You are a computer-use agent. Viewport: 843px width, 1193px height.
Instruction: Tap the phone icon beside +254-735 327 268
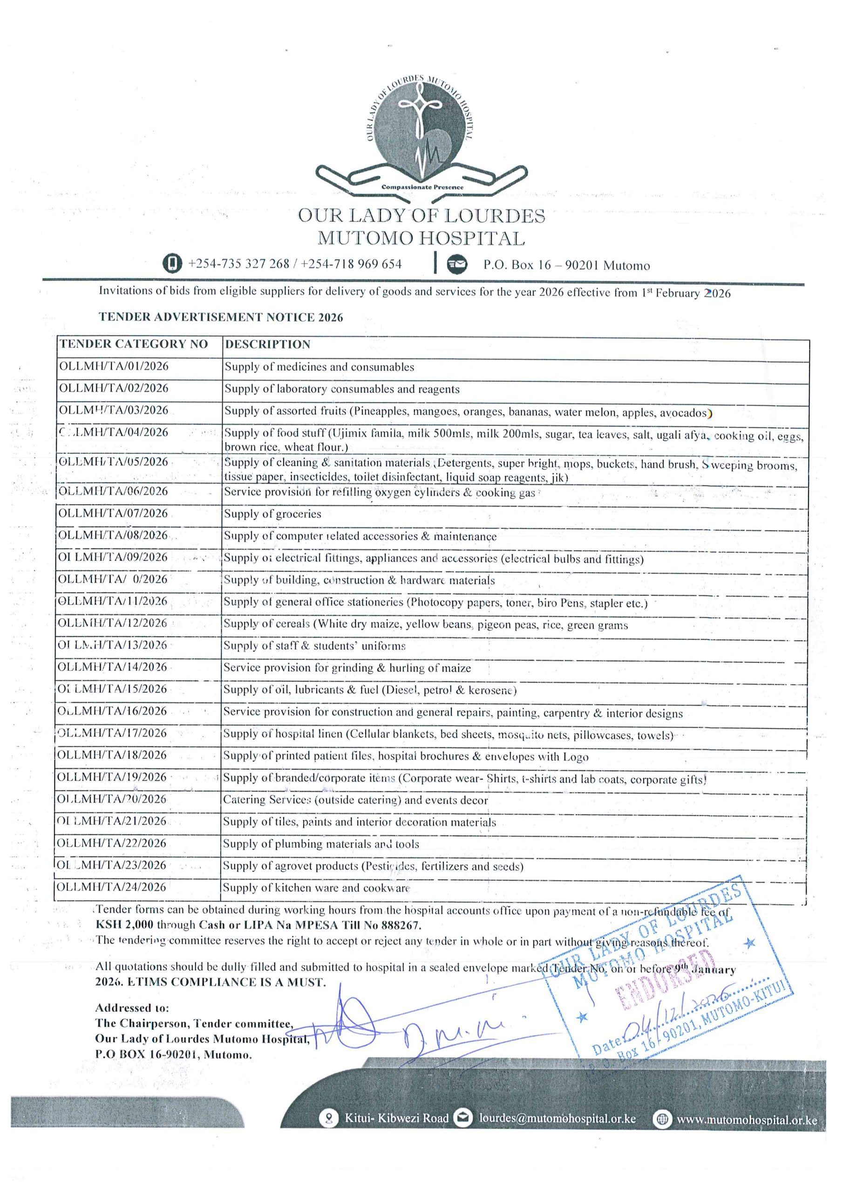tap(172, 263)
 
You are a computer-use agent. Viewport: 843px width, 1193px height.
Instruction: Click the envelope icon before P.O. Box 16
tap(456, 265)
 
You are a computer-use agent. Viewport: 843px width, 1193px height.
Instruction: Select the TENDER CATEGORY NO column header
tap(134, 344)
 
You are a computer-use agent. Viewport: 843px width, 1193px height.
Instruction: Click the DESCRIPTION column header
tap(267, 344)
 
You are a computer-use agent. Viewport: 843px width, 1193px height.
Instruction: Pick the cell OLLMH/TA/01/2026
tap(114, 366)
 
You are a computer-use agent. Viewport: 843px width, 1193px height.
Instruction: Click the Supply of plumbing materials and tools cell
tap(321, 844)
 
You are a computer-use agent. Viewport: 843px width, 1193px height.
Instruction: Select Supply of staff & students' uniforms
tap(314, 645)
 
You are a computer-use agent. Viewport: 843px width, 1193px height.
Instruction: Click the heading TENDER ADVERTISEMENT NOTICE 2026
tap(221, 317)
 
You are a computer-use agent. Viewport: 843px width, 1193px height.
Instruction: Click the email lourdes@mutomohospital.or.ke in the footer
tap(557, 1118)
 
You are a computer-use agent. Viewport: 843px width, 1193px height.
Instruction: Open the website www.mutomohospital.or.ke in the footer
tap(747, 1120)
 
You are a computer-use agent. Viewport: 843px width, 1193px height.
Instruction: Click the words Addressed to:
tap(132, 1008)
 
